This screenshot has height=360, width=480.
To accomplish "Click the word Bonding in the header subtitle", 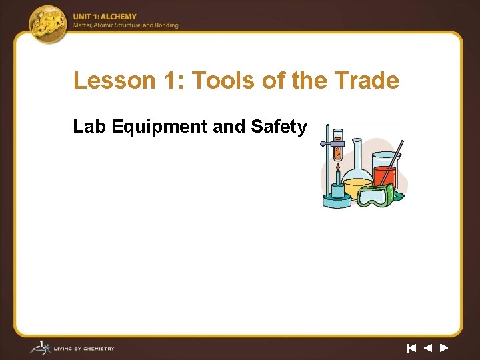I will tap(166, 25).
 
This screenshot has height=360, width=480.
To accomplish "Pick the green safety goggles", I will tap(377, 196).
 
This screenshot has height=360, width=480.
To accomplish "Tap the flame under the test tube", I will tap(338, 177).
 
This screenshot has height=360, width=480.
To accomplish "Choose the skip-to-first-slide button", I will tap(411, 347).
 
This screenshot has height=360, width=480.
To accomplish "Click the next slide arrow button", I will tap(444, 347).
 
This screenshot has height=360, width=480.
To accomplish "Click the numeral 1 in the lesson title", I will tap(169, 81).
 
